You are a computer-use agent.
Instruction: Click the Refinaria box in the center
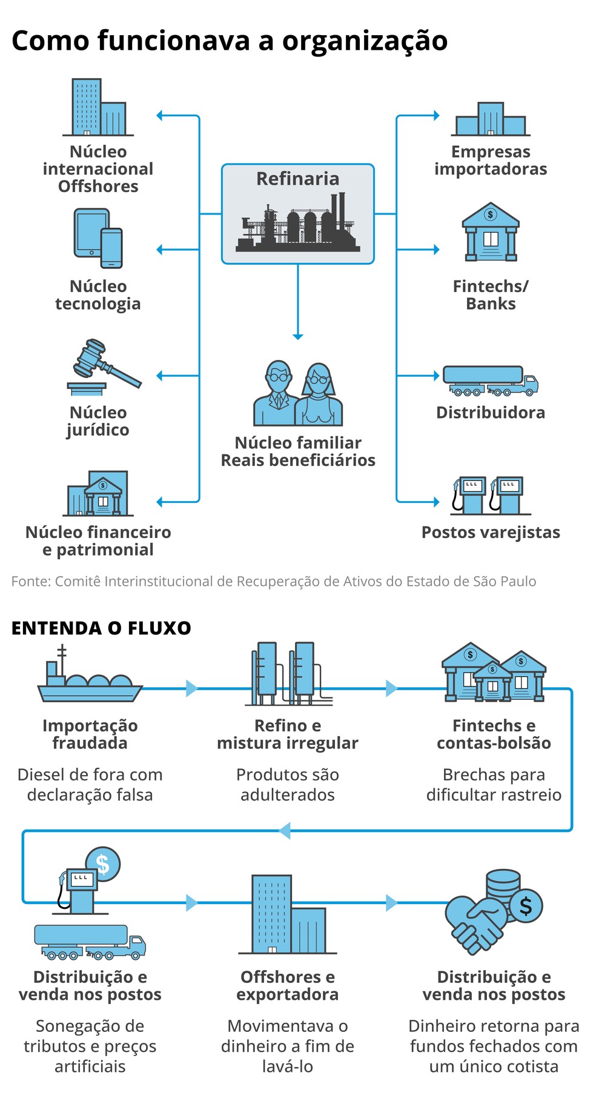pyautogui.click(x=297, y=213)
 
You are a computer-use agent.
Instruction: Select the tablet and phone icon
pyautogui.click(x=98, y=238)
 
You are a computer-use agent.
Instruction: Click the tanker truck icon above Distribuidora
pyautogui.click(x=490, y=381)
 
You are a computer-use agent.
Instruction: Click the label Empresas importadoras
pyautogui.click(x=490, y=160)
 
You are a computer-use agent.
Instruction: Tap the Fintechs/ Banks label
pyautogui.click(x=490, y=294)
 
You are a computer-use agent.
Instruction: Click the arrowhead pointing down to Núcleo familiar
pyautogui.click(x=297, y=336)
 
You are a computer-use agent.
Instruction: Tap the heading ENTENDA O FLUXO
pyautogui.click(x=101, y=628)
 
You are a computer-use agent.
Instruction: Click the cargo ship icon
pyautogui.click(x=90, y=677)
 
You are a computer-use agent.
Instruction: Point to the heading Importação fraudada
pyautogui.click(x=90, y=734)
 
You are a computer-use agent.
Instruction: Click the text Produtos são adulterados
pyautogui.click(x=287, y=784)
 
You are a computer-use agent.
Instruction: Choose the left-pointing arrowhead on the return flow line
pyautogui.click(x=285, y=830)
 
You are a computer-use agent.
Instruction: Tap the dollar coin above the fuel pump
pyautogui.click(x=103, y=864)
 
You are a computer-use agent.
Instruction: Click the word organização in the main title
pyautogui.click(x=365, y=41)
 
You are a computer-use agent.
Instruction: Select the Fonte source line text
pyautogui.click(x=273, y=581)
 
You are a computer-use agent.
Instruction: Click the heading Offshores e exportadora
pyautogui.click(x=287, y=985)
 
